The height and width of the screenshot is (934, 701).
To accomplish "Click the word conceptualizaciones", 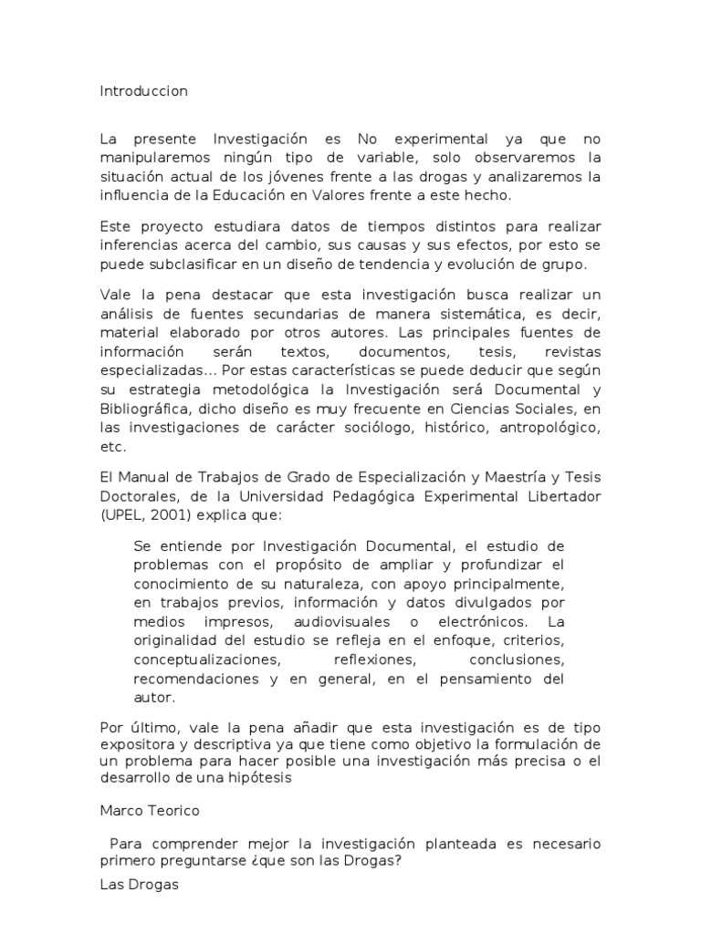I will click(x=205, y=658).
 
